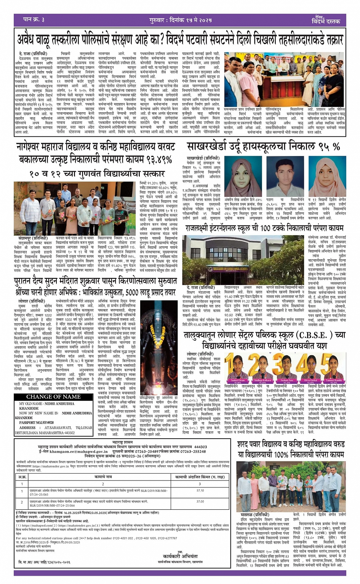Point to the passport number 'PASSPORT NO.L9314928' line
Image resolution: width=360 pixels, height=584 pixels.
37,423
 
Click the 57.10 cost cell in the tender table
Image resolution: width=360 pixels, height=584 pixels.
200,491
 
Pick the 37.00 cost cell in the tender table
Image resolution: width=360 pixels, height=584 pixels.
200,501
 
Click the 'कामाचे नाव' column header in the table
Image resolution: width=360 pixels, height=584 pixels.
103,477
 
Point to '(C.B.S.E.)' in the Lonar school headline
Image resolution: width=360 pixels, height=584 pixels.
317,335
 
